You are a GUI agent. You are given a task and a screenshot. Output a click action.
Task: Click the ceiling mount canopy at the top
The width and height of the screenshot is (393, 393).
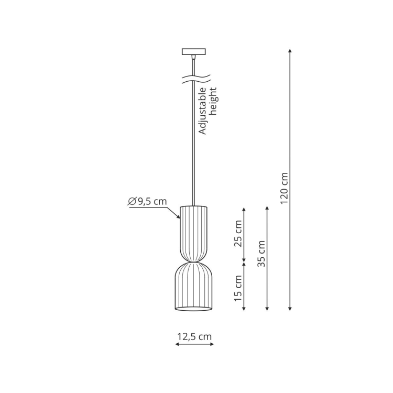(193, 51)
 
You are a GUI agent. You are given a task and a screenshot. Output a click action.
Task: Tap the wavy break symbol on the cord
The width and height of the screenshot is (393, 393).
(196, 79)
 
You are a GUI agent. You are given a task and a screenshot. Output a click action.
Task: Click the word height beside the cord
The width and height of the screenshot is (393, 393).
(213, 102)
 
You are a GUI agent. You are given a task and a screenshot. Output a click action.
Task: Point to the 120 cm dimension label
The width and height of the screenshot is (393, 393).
(284, 188)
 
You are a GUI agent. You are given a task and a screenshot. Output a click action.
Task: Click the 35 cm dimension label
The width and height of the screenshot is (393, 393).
(261, 254)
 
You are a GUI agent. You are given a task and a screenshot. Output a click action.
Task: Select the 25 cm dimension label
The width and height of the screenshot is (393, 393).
(238, 234)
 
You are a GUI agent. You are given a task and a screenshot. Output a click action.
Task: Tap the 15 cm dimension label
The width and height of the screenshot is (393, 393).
(238, 288)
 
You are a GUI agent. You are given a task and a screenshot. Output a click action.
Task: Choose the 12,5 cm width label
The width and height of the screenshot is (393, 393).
(194, 336)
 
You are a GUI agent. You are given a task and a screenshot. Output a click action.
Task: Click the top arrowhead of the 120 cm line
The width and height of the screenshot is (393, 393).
(290, 51)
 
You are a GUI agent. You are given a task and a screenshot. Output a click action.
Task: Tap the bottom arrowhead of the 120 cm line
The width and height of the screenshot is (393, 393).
(290, 309)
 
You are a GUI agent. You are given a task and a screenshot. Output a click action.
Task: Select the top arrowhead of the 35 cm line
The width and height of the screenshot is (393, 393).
(267, 209)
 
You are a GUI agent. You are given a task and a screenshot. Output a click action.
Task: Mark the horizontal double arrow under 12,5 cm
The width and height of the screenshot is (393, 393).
(194, 345)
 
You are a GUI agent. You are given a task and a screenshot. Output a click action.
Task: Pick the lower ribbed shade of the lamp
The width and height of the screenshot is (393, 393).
(193, 286)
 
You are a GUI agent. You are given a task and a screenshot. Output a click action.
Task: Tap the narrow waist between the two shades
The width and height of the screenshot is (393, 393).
(193, 262)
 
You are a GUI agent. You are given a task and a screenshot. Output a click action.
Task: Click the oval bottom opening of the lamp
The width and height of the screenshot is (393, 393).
(193, 309)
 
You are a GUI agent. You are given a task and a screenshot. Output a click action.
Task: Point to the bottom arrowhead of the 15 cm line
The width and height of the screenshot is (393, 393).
(244, 309)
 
